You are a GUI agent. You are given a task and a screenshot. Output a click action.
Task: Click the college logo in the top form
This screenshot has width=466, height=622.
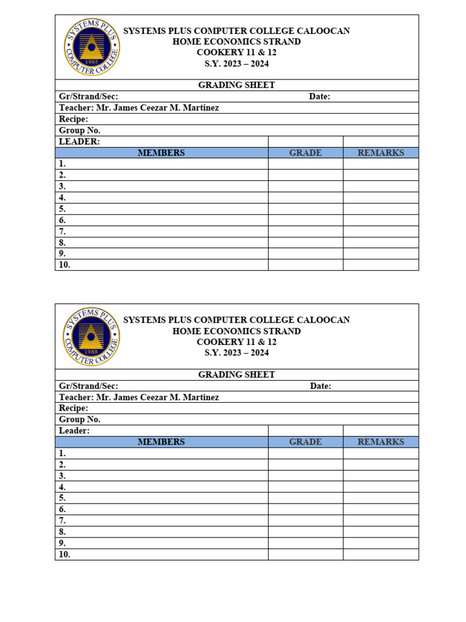click(x=92, y=47)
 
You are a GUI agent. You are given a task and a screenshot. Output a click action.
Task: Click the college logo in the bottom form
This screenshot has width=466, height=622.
click(x=92, y=337)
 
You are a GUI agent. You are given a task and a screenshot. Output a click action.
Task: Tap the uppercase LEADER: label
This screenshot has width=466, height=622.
click(x=79, y=142)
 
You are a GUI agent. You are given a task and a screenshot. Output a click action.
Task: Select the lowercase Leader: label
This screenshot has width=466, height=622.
click(x=74, y=431)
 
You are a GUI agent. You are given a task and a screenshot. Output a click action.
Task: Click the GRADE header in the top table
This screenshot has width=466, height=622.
click(x=305, y=153)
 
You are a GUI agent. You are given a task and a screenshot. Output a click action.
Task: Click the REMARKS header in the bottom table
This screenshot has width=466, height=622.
click(x=380, y=442)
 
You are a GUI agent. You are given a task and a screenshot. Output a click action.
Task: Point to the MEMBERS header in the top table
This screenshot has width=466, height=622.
click(x=161, y=153)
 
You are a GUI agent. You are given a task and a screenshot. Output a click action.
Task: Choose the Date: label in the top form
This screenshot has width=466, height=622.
click(x=319, y=97)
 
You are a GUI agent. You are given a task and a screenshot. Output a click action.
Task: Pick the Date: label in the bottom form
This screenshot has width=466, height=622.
click(x=320, y=386)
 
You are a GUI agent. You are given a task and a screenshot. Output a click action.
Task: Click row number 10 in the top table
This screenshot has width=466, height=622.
click(x=64, y=265)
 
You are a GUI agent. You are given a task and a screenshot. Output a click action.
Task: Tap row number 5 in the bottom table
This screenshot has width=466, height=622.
click(x=62, y=498)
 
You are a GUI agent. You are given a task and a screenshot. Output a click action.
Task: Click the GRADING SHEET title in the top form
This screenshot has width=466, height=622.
click(x=236, y=85)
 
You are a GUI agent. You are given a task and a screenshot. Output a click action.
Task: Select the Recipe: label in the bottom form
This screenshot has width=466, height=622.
click(x=73, y=408)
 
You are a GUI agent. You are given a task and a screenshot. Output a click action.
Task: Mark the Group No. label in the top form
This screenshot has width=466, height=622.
click(x=79, y=131)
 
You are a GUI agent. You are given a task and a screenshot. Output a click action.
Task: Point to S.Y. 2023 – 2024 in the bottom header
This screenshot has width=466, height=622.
click(x=236, y=353)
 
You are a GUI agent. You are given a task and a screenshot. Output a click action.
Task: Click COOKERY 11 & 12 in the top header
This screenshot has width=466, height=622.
click(x=236, y=53)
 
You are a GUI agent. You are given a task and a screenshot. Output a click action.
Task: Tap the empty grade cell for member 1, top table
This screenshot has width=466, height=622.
click(x=305, y=164)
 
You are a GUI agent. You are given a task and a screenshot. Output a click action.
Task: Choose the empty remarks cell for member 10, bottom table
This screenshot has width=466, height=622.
click(x=380, y=555)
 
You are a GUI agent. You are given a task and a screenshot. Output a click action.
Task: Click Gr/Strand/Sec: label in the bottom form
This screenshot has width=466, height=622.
click(x=89, y=386)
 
